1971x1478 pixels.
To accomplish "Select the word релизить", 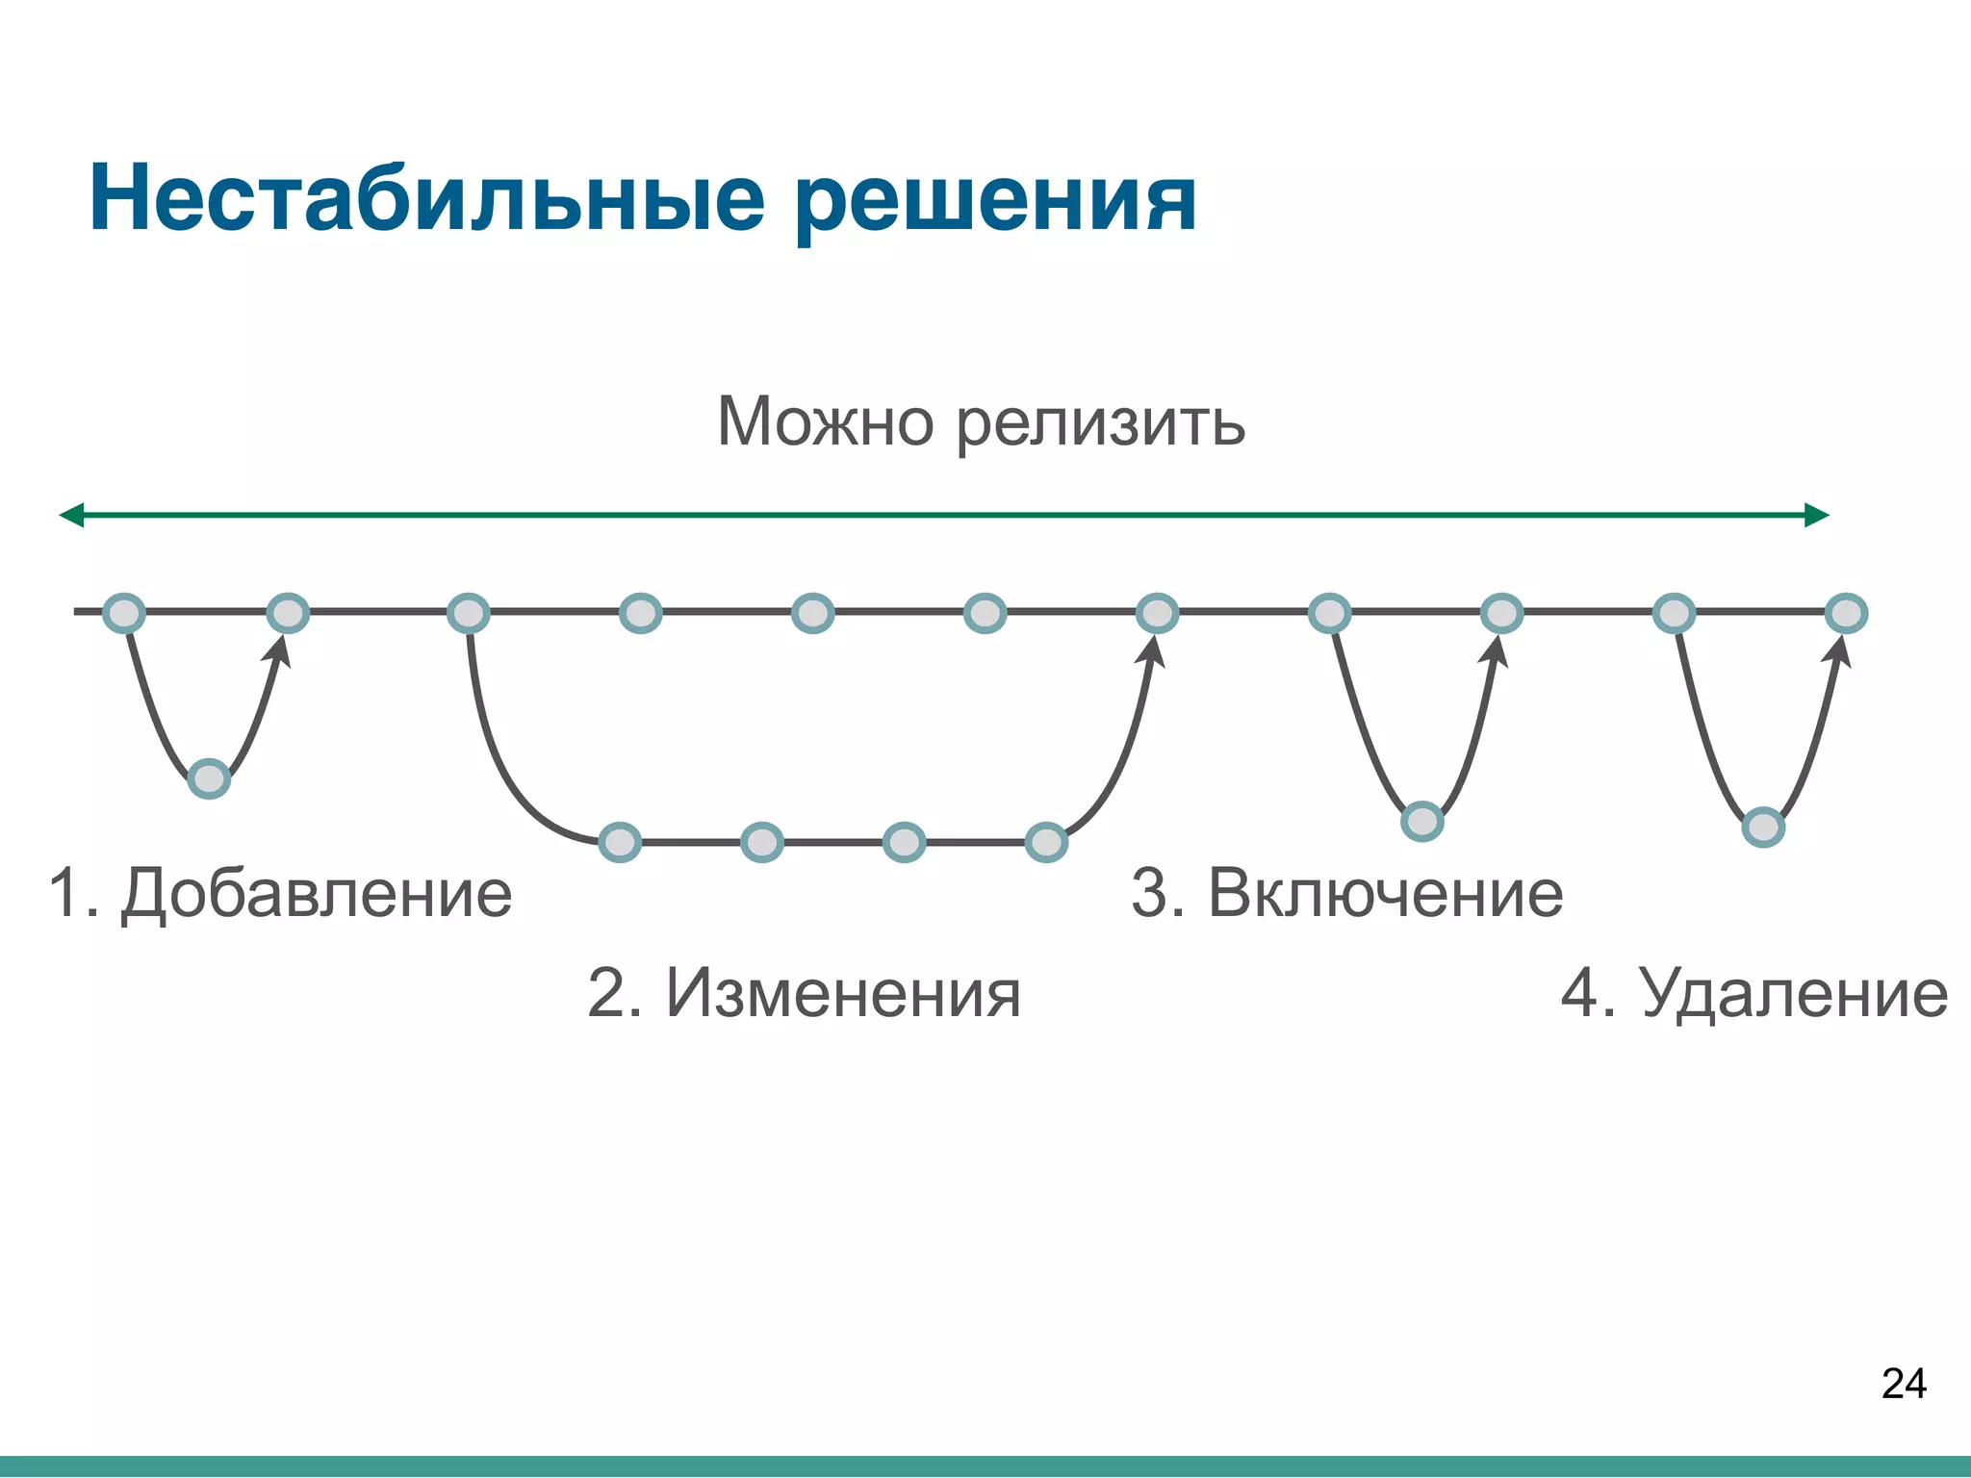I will tap(1101, 423).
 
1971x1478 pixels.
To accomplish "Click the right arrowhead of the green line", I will tap(1816, 516).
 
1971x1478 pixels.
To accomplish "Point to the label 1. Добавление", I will tap(280, 893).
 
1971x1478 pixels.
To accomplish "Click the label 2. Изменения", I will tap(804, 993).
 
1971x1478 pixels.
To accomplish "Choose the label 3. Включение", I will tap(1346, 893).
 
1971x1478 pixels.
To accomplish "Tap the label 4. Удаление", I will tap(1753, 993).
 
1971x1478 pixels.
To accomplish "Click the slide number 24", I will tap(1903, 1384).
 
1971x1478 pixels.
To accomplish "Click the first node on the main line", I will tap(124, 613).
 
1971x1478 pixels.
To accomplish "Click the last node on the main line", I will tap(1846, 613).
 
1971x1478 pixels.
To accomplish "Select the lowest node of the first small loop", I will tap(209, 778).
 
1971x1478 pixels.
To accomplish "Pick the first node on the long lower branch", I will tap(620, 843).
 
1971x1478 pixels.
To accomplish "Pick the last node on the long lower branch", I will tap(1046, 843).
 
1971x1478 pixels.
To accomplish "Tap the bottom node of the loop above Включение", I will tap(1422, 822).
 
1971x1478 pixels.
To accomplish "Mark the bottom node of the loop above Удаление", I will tap(1763, 828).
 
